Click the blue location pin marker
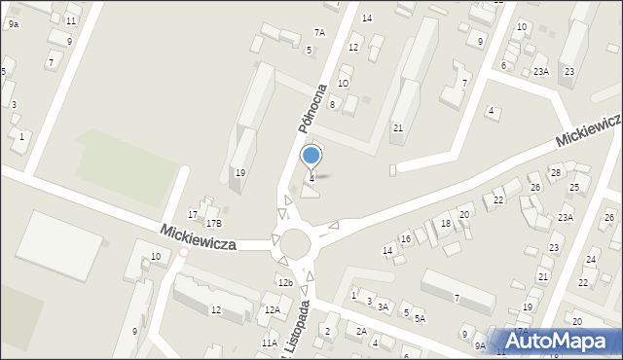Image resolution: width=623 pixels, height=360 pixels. click(x=311, y=156)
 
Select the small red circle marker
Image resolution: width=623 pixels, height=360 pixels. click(x=184, y=252)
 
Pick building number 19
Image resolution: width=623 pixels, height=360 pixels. click(x=239, y=173)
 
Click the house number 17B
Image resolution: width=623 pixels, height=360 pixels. click(x=213, y=224)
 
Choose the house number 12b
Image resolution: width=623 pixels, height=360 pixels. click(x=284, y=282)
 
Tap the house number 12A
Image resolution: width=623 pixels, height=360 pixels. click(x=273, y=309)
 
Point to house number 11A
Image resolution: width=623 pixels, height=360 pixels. click(x=269, y=342)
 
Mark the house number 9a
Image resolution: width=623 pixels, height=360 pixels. click(x=13, y=23)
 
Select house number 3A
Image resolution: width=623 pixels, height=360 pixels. click(x=384, y=307)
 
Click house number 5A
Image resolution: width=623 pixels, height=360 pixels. click(x=420, y=318)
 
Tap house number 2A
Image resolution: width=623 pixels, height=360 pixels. click(x=361, y=332)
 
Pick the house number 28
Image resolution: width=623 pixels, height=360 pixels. click(x=556, y=172)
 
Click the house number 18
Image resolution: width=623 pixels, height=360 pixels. click(x=446, y=224)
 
